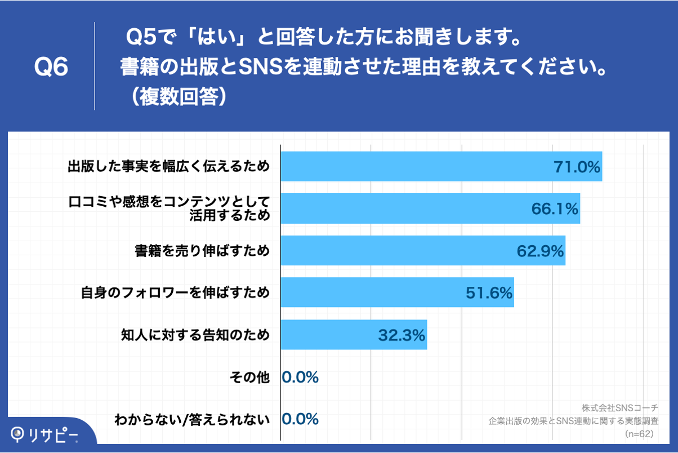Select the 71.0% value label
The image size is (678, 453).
[577, 167]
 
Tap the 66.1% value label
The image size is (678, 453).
[555, 209]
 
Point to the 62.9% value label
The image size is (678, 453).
[540, 251]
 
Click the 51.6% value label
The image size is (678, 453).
[489, 293]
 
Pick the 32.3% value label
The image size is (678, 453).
[401, 335]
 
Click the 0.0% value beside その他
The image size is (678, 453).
[300, 377]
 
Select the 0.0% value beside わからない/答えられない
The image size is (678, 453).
[300, 419]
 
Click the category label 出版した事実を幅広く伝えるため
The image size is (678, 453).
[168, 167]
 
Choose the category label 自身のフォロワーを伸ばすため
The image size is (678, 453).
[175, 293]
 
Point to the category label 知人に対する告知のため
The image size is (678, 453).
[195, 335]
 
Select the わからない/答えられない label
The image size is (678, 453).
[192, 419]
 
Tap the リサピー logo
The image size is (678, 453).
[45, 434]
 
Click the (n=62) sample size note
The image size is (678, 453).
[639, 434]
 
